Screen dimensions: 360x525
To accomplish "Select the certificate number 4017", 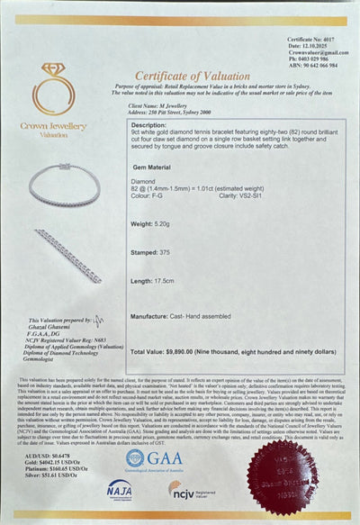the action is [327, 41].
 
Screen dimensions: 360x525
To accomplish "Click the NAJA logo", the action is [119, 491].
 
